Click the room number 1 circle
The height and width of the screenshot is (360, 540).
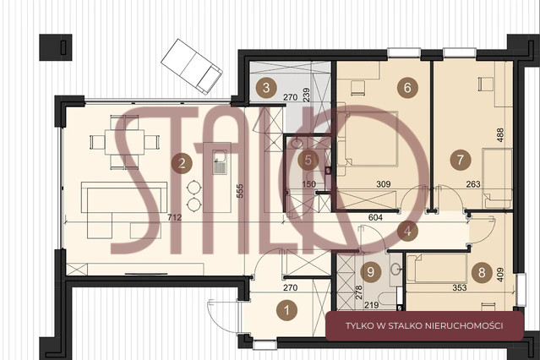pyautogui.click(x=286, y=310)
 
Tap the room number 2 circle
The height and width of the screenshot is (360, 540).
pyautogui.click(x=182, y=163)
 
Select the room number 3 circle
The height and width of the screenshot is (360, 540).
pyautogui.click(x=266, y=88)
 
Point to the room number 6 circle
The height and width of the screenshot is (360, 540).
pyautogui.click(x=407, y=88)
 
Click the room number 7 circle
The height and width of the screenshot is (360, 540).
pyautogui.click(x=461, y=160)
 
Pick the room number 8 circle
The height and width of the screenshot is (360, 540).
pyautogui.click(x=482, y=272)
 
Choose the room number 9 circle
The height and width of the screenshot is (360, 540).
pyautogui.click(x=370, y=272)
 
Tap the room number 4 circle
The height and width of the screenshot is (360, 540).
pyautogui.click(x=407, y=231)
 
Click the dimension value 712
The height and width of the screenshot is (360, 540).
pyautogui.click(x=175, y=217)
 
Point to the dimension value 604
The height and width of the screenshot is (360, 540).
pyautogui.click(x=375, y=217)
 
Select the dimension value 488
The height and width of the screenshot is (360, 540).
pyautogui.click(x=500, y=134)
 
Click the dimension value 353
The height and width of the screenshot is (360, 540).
pyautogui.click(x=460, y=287)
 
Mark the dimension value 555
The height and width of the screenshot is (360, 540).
pyautogui.click(x=240, y=191)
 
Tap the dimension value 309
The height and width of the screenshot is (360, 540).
pyautogui.click(x=384, y=184)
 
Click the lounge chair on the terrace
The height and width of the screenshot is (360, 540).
pyautogui.click(x=192, y=67)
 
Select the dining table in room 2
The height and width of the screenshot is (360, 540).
pyautogui.click(x=125, y=142)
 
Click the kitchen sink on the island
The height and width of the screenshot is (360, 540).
pyautogui.click(x=220, y=162)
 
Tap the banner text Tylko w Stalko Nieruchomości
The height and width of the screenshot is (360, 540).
pyautogui.click(x=424, y=325)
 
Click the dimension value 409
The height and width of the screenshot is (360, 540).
pyautogui.click(x=500, y=275)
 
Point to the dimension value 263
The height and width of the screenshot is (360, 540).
pyautogui.click(x=473, y=184)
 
